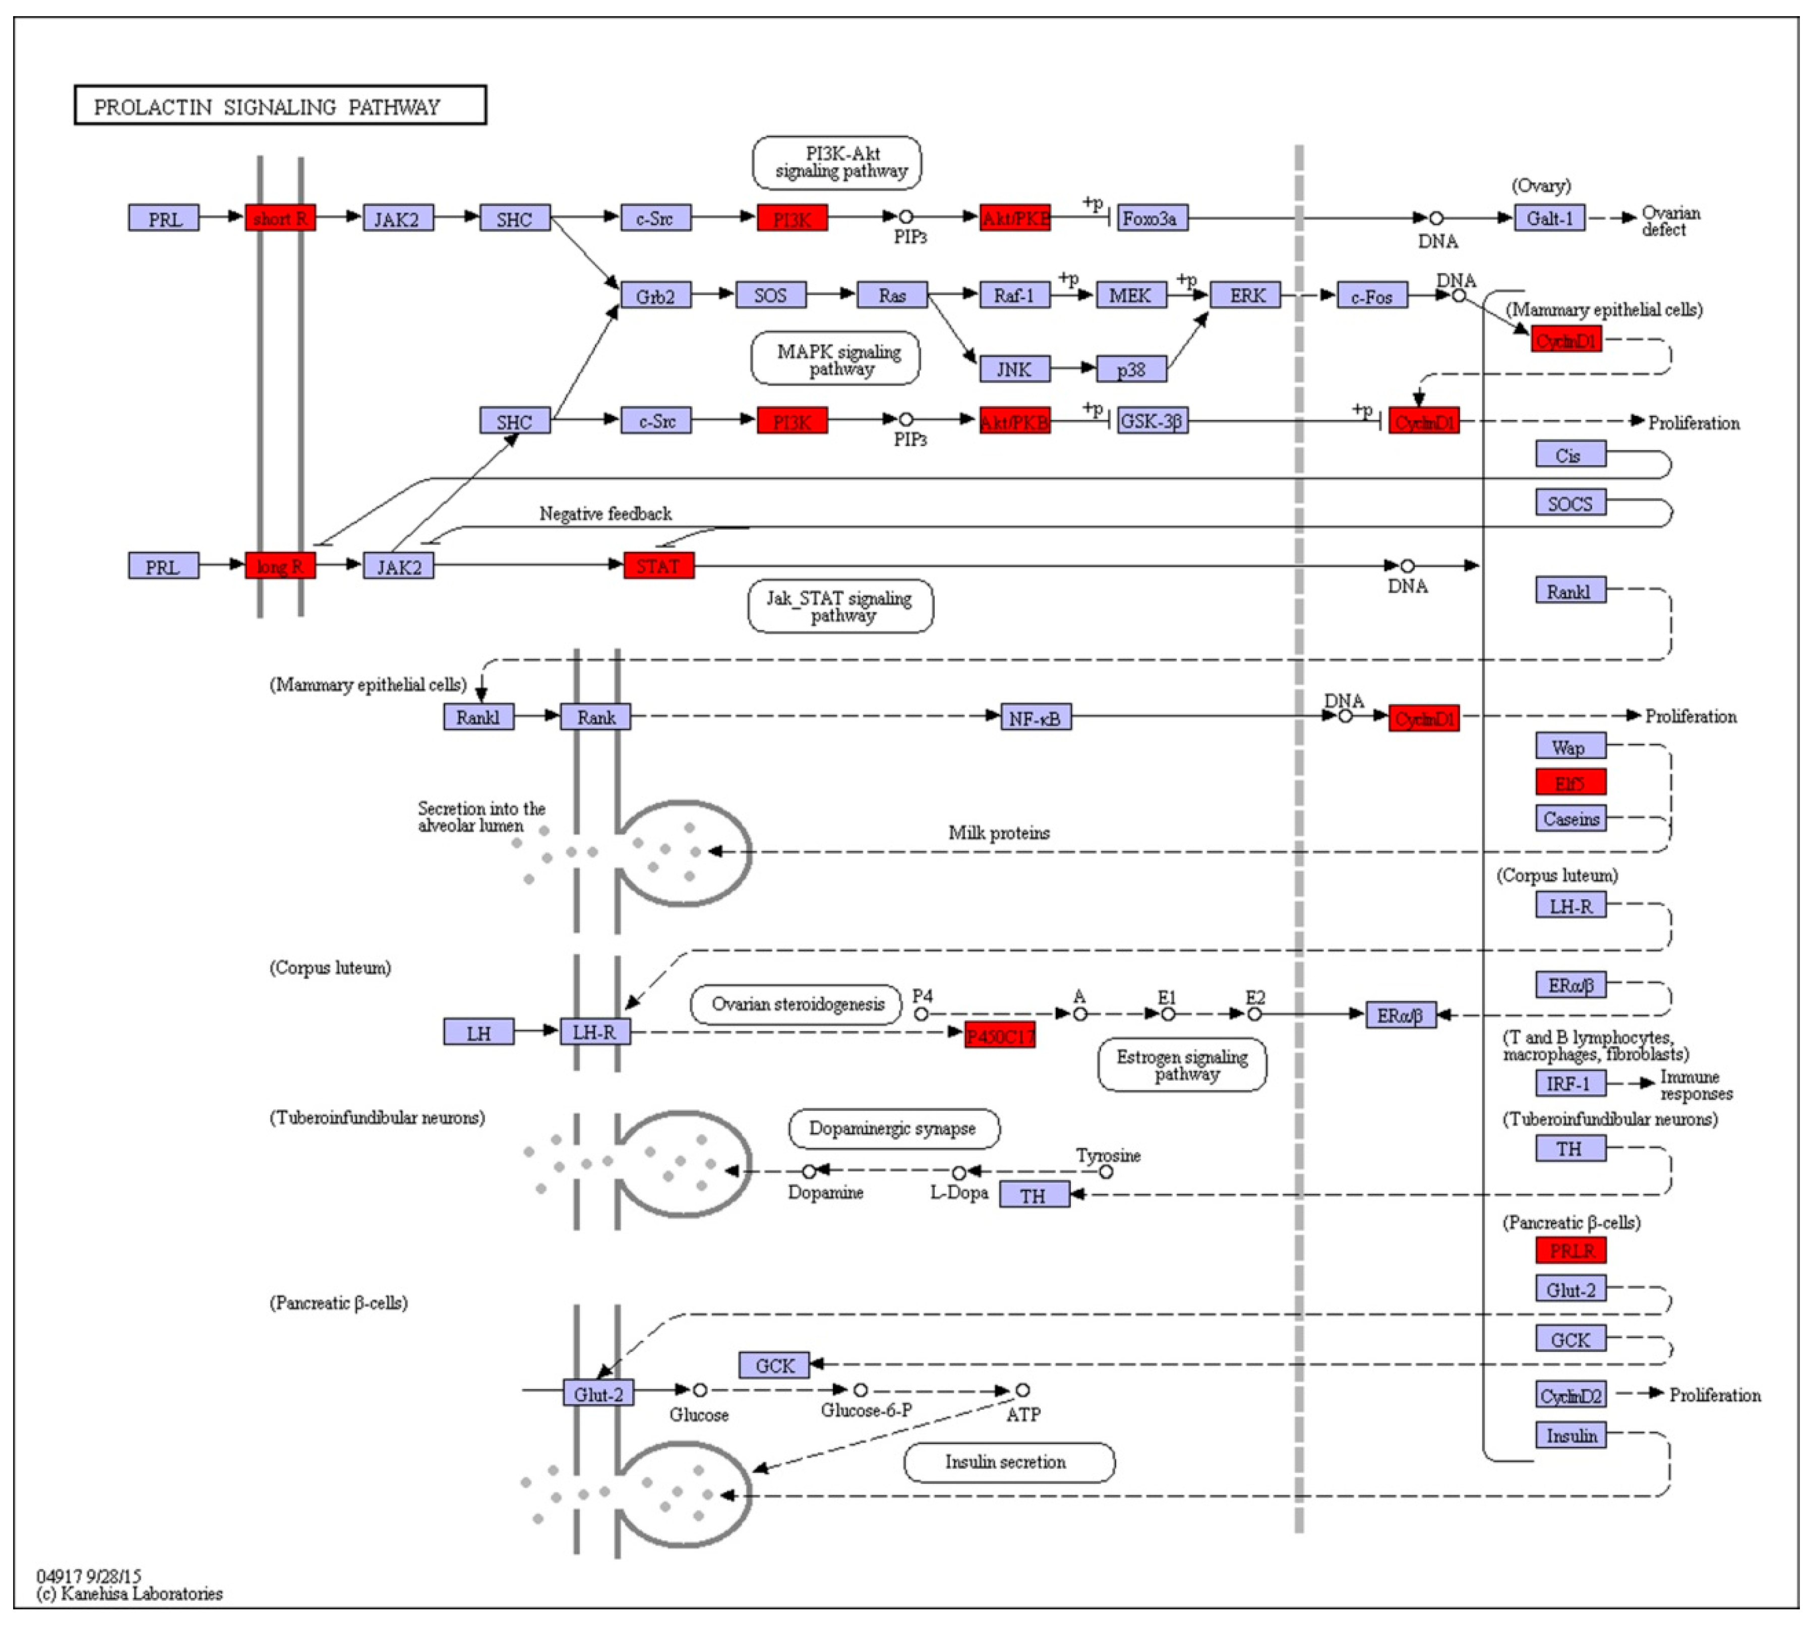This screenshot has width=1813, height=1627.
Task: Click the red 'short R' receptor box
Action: coord(280,218)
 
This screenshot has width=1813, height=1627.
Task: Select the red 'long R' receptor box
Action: coord(280,566)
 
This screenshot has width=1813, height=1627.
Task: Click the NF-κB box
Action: coord(1035,717)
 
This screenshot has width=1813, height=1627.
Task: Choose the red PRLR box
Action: coord(1570,1250)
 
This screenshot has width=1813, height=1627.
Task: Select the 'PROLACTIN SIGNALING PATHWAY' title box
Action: coord(280,105)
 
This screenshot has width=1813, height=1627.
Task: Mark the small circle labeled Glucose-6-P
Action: coord(860,1390)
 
